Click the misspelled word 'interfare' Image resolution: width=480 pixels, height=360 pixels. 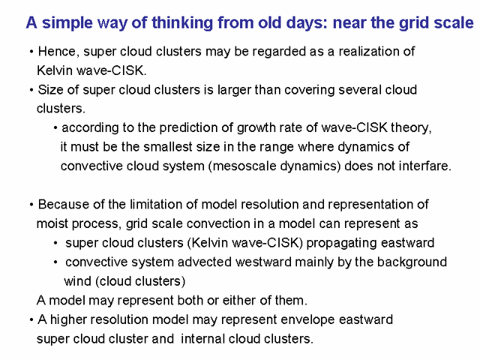point(424,166)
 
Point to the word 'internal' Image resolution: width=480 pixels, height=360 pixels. point(203,338)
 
